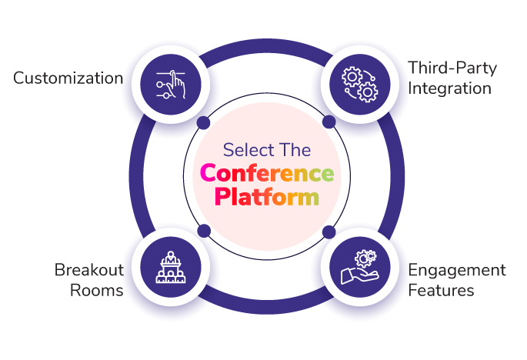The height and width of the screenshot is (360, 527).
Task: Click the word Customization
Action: (x=68, y=78)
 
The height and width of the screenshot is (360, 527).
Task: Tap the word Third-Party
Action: (x=452, y=68)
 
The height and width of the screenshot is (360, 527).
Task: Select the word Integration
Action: (x=450, y=88)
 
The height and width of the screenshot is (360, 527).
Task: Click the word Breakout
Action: (x=89, y=269)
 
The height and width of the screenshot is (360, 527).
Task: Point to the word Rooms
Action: (x=96, y=291)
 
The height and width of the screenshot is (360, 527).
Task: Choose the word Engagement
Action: (x=457, y=271)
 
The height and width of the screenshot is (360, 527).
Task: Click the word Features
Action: (x=441, y=291)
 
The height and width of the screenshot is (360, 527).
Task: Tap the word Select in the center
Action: (x=245, y=150)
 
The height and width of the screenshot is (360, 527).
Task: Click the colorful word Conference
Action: (x=267, y=173)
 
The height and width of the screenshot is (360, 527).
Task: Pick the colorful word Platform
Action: (x=267, y=197)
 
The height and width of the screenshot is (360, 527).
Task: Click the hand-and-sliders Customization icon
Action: (x=171, y=85)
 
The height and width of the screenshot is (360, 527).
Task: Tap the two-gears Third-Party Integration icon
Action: (x=359, y=85)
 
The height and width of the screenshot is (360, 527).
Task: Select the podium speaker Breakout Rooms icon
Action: (x=171, y=267)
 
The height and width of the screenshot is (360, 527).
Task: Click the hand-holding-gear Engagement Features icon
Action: (x=359, y=267)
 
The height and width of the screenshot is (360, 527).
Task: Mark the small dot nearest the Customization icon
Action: (x=203, y=122)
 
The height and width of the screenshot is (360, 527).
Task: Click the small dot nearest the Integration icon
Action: (x=329, y=122)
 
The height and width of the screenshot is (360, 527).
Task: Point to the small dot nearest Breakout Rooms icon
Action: (x=204, y=231)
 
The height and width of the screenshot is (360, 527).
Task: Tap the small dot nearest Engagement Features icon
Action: (x=329, y=232)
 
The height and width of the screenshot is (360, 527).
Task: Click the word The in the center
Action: (x=292, y=150)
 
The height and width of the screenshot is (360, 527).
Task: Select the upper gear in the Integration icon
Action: (x=352, y=77)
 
